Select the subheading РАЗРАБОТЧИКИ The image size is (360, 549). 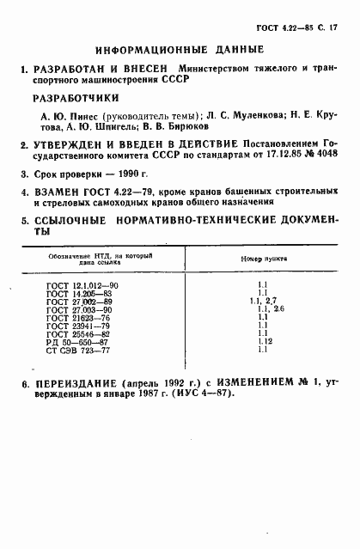(70, 98)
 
